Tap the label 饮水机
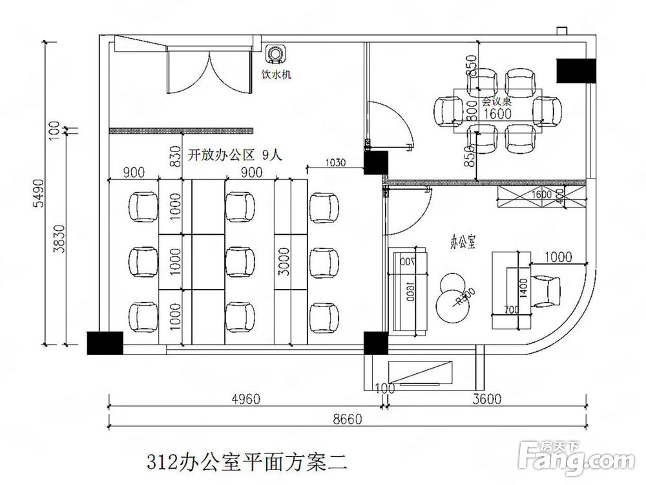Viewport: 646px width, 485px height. click(x=276, y=74)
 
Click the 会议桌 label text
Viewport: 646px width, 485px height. click(x=497, y=101)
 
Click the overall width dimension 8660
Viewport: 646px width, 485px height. click(x=348, y=418)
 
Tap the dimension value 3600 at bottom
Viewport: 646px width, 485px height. click(x=486, y=399)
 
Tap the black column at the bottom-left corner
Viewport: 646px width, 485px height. click(x=105, y=343)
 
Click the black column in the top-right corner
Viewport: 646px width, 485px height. click(x=574, y=70)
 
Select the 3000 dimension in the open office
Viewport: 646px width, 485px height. click(x=282, y=261)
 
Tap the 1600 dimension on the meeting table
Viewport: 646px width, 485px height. click(x=497, y=114)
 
